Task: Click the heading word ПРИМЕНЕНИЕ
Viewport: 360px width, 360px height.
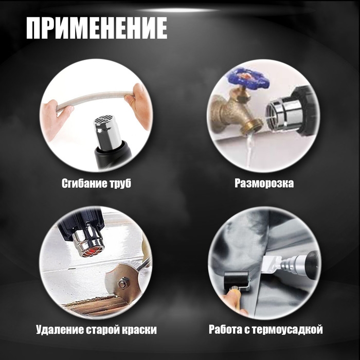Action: (97, 29)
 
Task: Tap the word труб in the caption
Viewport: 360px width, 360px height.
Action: (120, 183)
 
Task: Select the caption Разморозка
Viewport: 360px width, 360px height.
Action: (264, 183)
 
